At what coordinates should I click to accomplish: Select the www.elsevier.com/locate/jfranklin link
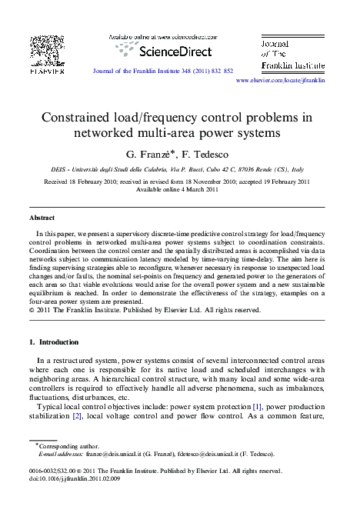(280, 80)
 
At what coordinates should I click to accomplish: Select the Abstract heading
(42, 218)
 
